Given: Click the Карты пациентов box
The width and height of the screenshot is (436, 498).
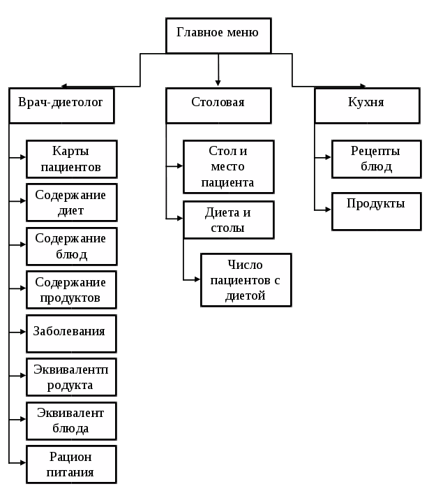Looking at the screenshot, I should (x=71, y=159).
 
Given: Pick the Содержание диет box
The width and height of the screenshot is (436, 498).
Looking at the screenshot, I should (x=71, y=203).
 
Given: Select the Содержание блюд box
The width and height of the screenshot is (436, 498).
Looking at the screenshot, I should (x=71, y=246).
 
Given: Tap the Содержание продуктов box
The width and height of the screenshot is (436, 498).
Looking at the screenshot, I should (x=71, y=290).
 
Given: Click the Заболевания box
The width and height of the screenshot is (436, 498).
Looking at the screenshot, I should (x=71, y=333).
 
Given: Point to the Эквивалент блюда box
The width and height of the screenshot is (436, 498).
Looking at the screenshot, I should (x=71, y=420).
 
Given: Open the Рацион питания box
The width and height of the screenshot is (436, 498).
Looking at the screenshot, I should (x=71, y=464).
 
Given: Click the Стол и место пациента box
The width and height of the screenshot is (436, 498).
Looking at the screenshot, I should (x=228, y=167).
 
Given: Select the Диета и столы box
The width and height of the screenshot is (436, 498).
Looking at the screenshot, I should (x=228, y=220).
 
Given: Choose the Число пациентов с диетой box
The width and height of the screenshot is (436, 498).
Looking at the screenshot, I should (x=246, y=280).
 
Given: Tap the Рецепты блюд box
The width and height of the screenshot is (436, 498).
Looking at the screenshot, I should (x=376, y=159).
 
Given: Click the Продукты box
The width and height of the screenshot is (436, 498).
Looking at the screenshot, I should (x=376, y=211).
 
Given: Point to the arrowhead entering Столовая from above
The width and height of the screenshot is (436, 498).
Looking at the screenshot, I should (x=218, y=83).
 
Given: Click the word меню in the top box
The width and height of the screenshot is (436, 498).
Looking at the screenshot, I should (x=242, y=32).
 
